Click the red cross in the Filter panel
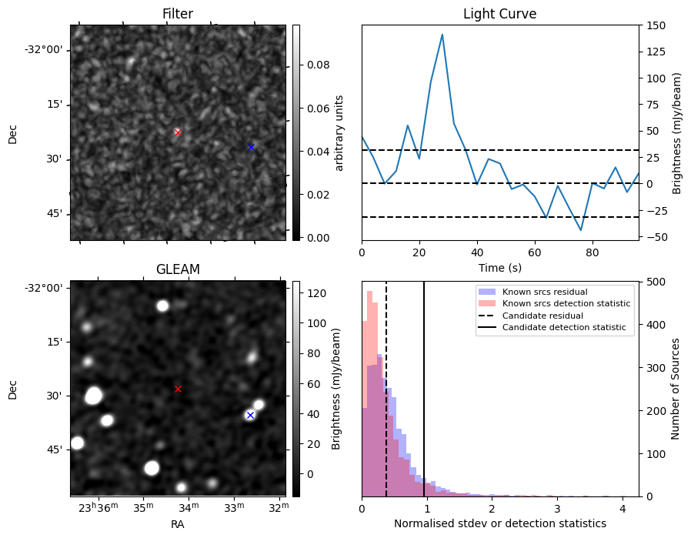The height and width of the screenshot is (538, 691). pos(178,132)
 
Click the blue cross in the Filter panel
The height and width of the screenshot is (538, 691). pos(250,147)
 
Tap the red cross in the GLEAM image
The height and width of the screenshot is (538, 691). pos(178,389)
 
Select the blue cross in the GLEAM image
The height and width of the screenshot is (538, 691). pos(250,415)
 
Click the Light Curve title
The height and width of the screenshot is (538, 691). pos(499,14)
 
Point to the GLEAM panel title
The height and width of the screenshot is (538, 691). pos(178,269)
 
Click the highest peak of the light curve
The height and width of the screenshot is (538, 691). pos(442,34)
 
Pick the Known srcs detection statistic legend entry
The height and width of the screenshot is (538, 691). pos(566,303)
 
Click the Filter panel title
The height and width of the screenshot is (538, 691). pos(178,14)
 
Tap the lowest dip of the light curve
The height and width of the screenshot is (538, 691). pos(581,230)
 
